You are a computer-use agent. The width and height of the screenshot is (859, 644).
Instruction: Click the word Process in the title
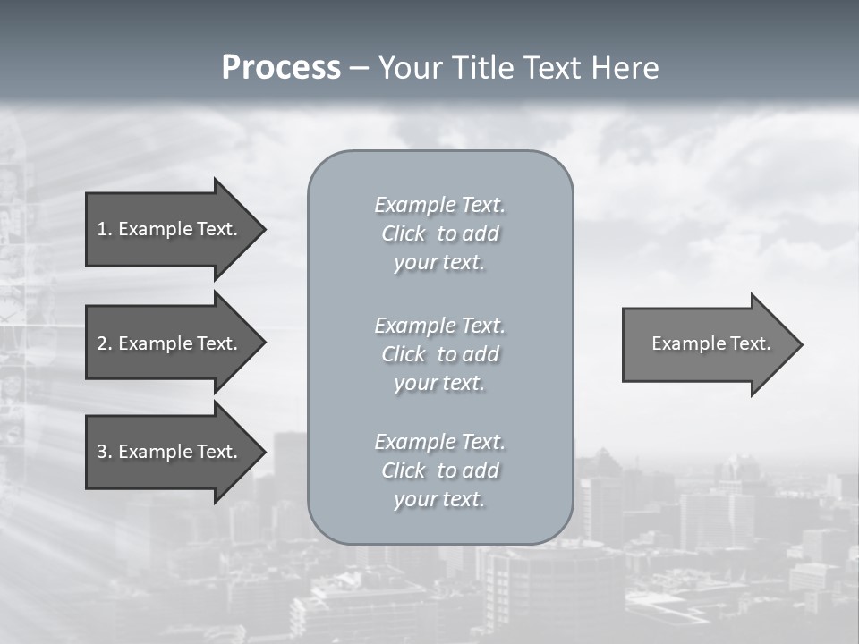pos(281,68)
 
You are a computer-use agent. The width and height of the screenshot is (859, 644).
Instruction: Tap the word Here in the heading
pos(624,68)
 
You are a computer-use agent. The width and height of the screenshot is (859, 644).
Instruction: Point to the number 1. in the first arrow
pos(105,229)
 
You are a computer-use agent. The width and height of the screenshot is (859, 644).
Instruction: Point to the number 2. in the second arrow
pos(105,343)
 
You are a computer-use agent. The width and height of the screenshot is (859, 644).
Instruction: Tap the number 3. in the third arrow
pos(105,452)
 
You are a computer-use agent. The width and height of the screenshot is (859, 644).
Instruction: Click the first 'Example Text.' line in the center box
pos(439,205)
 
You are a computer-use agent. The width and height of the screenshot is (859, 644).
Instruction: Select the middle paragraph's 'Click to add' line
pos(439,354)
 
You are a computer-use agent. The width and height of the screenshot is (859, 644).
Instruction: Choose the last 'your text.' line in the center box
pos(439,499)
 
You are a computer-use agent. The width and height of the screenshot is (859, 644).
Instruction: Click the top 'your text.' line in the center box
pos(439,262)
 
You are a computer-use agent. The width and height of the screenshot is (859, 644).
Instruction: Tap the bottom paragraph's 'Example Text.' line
pos(439,442)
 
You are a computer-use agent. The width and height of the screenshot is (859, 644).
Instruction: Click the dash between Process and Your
pos(360,69)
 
